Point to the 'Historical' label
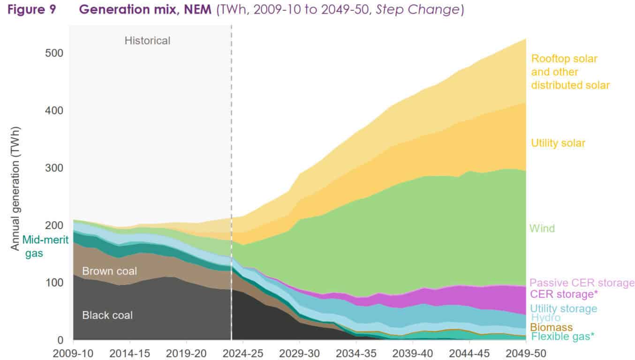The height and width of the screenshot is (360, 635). click(147, 41)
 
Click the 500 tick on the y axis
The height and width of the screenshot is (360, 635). click(55, 53)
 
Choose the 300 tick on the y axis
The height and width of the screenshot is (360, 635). click(55, 168)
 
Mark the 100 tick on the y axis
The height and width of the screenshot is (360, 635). click(55, 283)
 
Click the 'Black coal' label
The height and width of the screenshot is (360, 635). click(107, 315)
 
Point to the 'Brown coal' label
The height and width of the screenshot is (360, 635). click(109, 271)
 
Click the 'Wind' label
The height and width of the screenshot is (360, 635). click(542, 228)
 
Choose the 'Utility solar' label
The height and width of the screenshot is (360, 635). click(558, 143)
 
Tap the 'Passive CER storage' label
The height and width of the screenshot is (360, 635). click(582, 283)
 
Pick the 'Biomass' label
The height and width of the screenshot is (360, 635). click(551, 327)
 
